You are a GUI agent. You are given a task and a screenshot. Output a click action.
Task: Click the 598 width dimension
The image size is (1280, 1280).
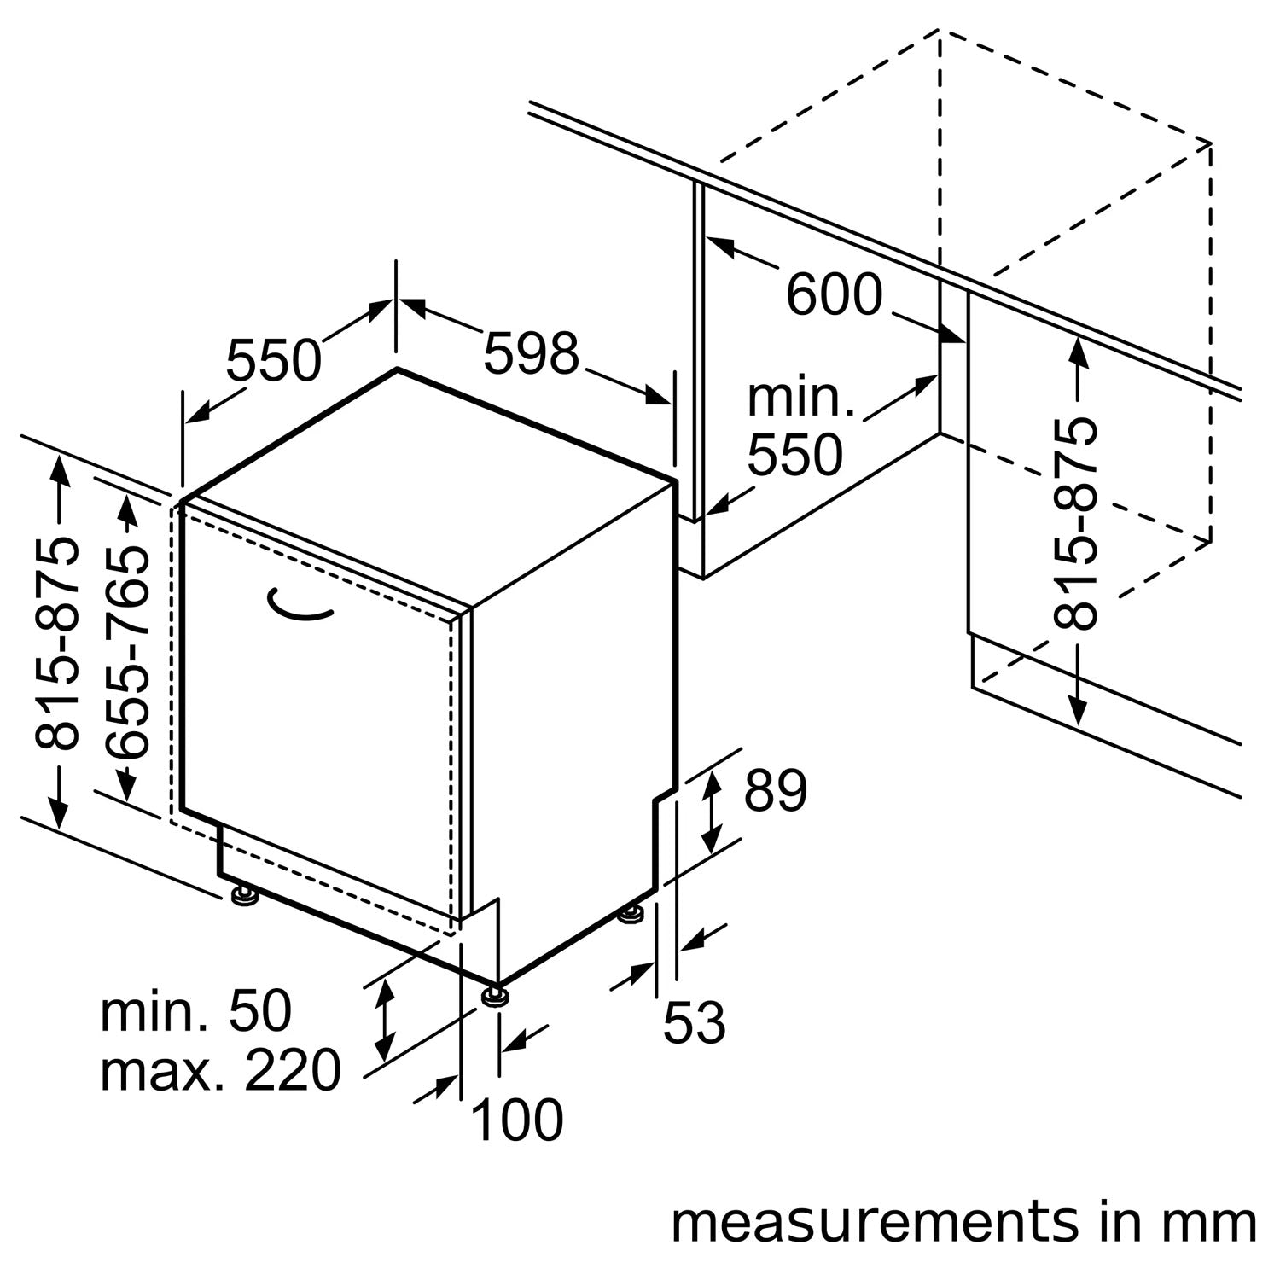pos(531,353)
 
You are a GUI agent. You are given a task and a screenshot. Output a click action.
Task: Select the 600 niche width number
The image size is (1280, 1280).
pos(834,295)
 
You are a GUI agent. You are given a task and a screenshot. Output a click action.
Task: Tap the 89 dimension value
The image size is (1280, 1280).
pos(775,792)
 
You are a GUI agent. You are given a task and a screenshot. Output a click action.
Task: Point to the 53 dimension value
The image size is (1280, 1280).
pos(695,1021)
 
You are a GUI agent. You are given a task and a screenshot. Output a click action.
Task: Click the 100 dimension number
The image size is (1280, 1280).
pos(516,1120)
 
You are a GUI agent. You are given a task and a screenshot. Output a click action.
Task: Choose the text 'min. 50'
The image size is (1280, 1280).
pos(196,1012)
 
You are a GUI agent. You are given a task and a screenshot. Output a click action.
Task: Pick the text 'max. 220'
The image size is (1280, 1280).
pos(220,1071)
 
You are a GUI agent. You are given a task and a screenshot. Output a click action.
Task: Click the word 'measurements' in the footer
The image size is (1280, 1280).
pos(875,1222)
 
